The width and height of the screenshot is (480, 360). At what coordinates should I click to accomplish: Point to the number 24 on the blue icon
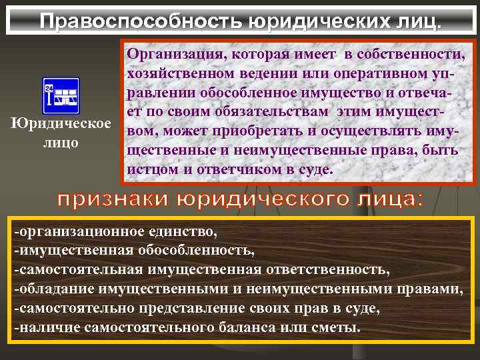pyautogui.click(x=48, y=87)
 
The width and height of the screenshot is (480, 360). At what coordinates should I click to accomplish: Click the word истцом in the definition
pyautogui.click(x=146, y=169)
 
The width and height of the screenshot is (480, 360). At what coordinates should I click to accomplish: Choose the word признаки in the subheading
pyautogui.click(x=111, y=199)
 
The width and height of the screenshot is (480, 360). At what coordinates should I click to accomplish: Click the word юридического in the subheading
pyautogui.click(x=263, y=199)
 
